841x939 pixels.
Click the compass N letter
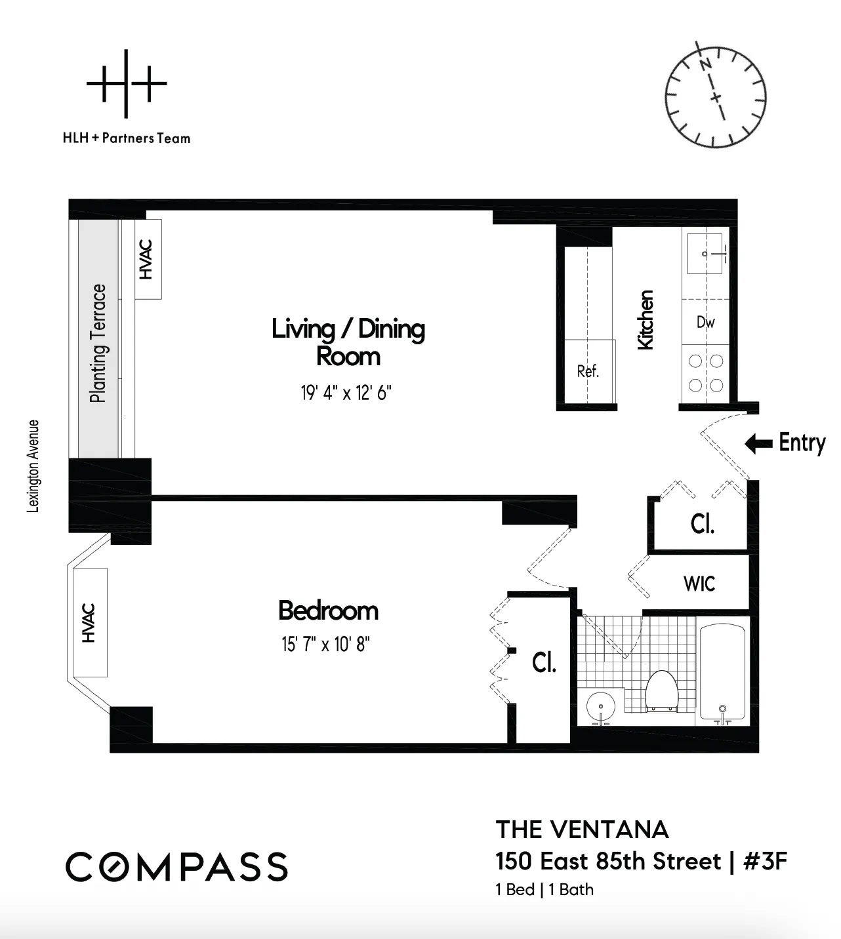[706, 64]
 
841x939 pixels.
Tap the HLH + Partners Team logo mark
[127, 84]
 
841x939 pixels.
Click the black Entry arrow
[758, 444]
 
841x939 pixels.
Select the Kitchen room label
[646, 320]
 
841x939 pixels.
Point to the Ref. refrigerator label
[588, 372]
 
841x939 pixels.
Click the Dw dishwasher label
[706, 322]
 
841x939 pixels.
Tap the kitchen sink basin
[705, 253]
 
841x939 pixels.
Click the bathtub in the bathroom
[722, 673]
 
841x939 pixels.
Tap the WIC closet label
[699, 584]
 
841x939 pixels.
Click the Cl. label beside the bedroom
[544, 663]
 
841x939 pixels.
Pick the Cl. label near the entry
[702, 524]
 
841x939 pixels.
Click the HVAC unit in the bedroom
[89, 622]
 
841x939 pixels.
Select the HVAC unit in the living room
[148, 260]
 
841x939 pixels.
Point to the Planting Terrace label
[98, 343]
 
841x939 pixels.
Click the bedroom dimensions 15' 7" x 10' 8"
[326, 645]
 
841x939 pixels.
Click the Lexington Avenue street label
[33, 466]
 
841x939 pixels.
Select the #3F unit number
[765, 861]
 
